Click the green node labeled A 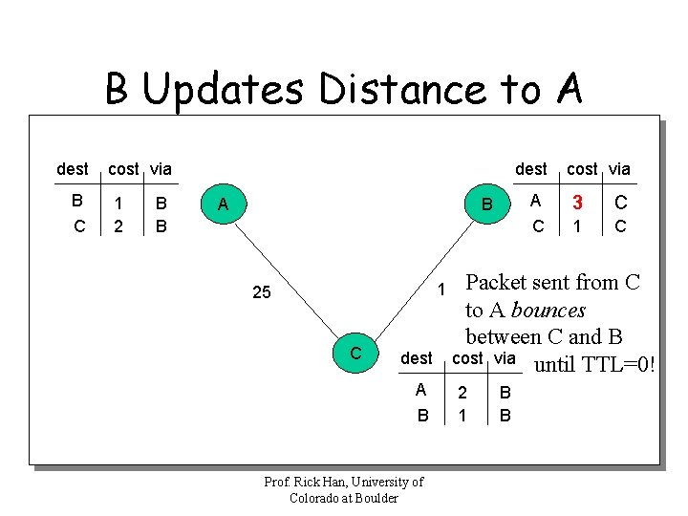coord(223,204)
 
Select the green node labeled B coord(486,204)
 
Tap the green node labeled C coord(355,353)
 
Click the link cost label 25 coord(261,292)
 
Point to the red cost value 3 coord(577,203)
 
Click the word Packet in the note coord(502,283)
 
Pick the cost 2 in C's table coord(462,392)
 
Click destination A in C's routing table coord(420,391)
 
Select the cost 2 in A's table coord(118,226)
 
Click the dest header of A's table coord(73,169)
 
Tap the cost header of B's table coord(582,169)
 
